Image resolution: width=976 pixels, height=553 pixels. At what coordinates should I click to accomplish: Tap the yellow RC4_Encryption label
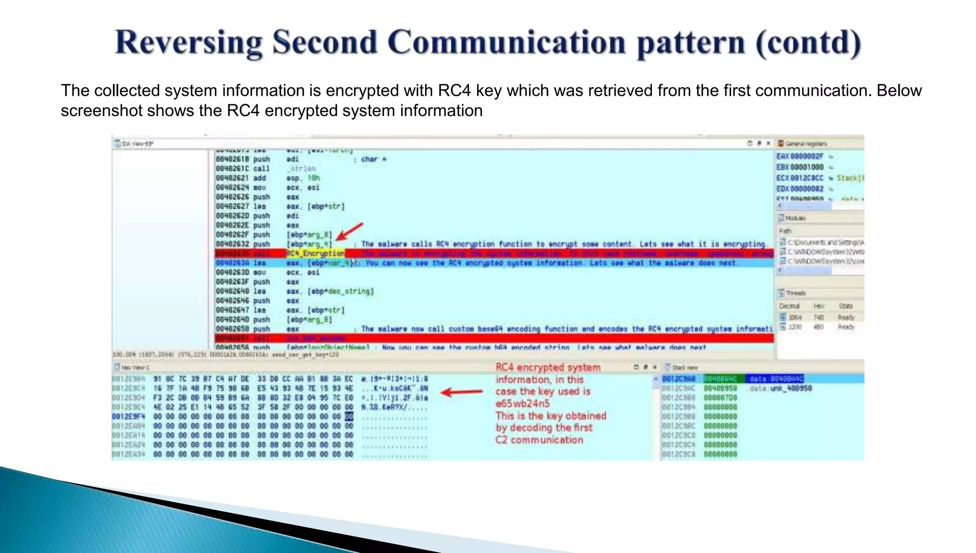coord(315,253)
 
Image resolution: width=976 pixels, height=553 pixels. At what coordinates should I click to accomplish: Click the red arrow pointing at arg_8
coord(350,231)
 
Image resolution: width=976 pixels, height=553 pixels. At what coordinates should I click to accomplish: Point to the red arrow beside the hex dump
coord(461,392)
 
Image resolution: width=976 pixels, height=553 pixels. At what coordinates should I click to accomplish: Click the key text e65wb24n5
coord(522,403)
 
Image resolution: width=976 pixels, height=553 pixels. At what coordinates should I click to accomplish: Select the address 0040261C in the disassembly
coord(232,169)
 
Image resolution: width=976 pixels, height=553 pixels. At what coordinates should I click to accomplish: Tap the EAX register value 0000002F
coord(807,156)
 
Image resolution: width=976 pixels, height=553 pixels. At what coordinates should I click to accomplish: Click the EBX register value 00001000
coord(807,167)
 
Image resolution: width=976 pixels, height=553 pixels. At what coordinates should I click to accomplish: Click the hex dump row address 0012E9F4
coord(128,416)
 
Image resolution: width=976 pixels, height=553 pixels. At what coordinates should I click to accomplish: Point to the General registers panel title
coord(806,143)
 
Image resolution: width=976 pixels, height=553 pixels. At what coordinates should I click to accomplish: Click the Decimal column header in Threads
coord(789,306)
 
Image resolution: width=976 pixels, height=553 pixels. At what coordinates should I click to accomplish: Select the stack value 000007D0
coord(720,398)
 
